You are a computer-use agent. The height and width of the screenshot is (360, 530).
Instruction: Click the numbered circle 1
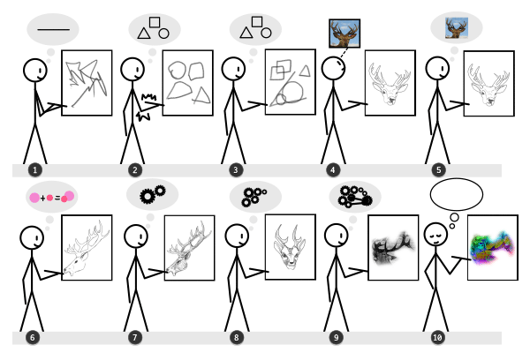coord(35,170)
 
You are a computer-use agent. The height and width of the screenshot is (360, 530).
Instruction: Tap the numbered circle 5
coord(438,170)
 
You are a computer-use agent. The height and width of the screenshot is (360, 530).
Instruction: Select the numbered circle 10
coord(437,337)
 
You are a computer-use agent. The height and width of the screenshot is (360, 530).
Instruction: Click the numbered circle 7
coord(135,337)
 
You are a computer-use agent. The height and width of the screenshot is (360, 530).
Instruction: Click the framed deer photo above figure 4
coord(344,34)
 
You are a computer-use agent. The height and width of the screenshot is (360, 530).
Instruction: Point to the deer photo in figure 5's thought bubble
coord(457,28)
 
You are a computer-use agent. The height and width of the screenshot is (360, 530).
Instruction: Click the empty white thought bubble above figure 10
coord(457,194)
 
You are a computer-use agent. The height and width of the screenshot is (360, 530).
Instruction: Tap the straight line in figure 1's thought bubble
coord(54,30)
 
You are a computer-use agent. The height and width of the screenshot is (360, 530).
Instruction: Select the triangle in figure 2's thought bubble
coord(144,34)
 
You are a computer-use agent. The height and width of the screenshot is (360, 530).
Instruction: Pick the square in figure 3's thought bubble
coord(257,21)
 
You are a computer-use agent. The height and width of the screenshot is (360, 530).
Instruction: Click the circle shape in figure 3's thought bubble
coord(266,34)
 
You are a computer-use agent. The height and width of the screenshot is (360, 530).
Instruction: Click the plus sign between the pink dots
coord(42,199)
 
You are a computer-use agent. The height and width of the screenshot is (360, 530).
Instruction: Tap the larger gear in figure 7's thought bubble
coord(148,196)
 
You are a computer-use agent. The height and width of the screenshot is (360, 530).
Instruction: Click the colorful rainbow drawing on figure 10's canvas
coord(492,247)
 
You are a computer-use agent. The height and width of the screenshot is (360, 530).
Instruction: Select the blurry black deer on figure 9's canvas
coord(393,247)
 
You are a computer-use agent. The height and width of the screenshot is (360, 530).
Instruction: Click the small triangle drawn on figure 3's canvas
coord(306,71)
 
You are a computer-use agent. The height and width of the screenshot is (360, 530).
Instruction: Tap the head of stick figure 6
coord(32,238)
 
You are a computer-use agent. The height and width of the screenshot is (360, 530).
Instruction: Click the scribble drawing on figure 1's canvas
coord(87,83)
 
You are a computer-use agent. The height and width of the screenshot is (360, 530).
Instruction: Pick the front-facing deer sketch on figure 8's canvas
coord(290,247)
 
